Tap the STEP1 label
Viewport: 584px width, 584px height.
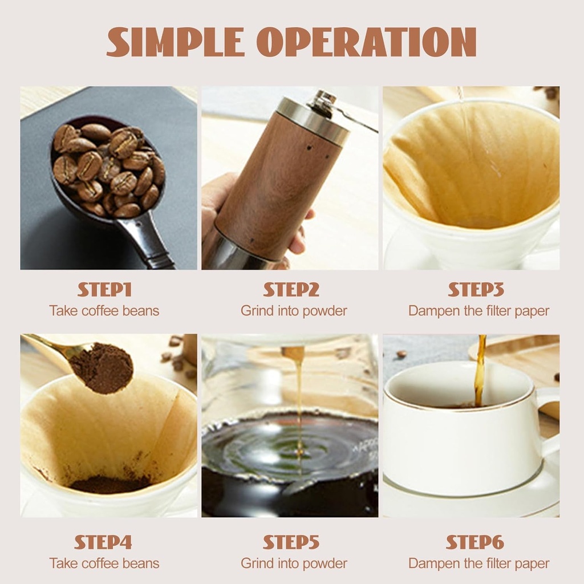point(104,290)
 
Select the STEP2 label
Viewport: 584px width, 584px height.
point(291,290)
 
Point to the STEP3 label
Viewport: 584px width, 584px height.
point(476,290)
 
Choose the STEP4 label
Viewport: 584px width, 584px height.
point(103,542)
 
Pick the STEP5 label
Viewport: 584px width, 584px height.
point(291,542)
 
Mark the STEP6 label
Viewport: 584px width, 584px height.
point(475,542)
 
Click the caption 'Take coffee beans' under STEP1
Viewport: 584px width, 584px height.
point(104,311)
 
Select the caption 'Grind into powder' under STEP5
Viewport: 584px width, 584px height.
point(294,563)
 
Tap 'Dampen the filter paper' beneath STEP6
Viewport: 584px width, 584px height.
point(478,563)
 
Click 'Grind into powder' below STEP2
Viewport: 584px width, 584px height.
point(294,311)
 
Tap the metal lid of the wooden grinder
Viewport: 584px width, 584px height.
point(314,121)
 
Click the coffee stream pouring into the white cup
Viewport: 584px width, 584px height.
point(480,371)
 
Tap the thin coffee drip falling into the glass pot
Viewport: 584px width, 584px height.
point(299,399)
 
